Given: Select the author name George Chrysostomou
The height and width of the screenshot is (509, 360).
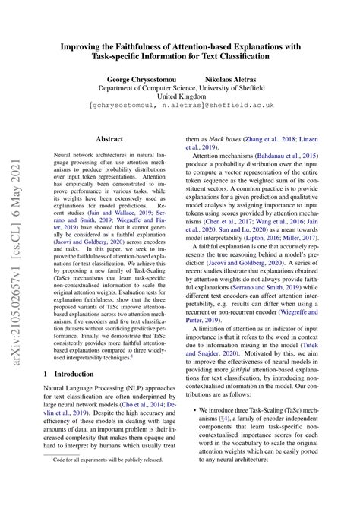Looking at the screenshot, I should click(144, 78).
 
